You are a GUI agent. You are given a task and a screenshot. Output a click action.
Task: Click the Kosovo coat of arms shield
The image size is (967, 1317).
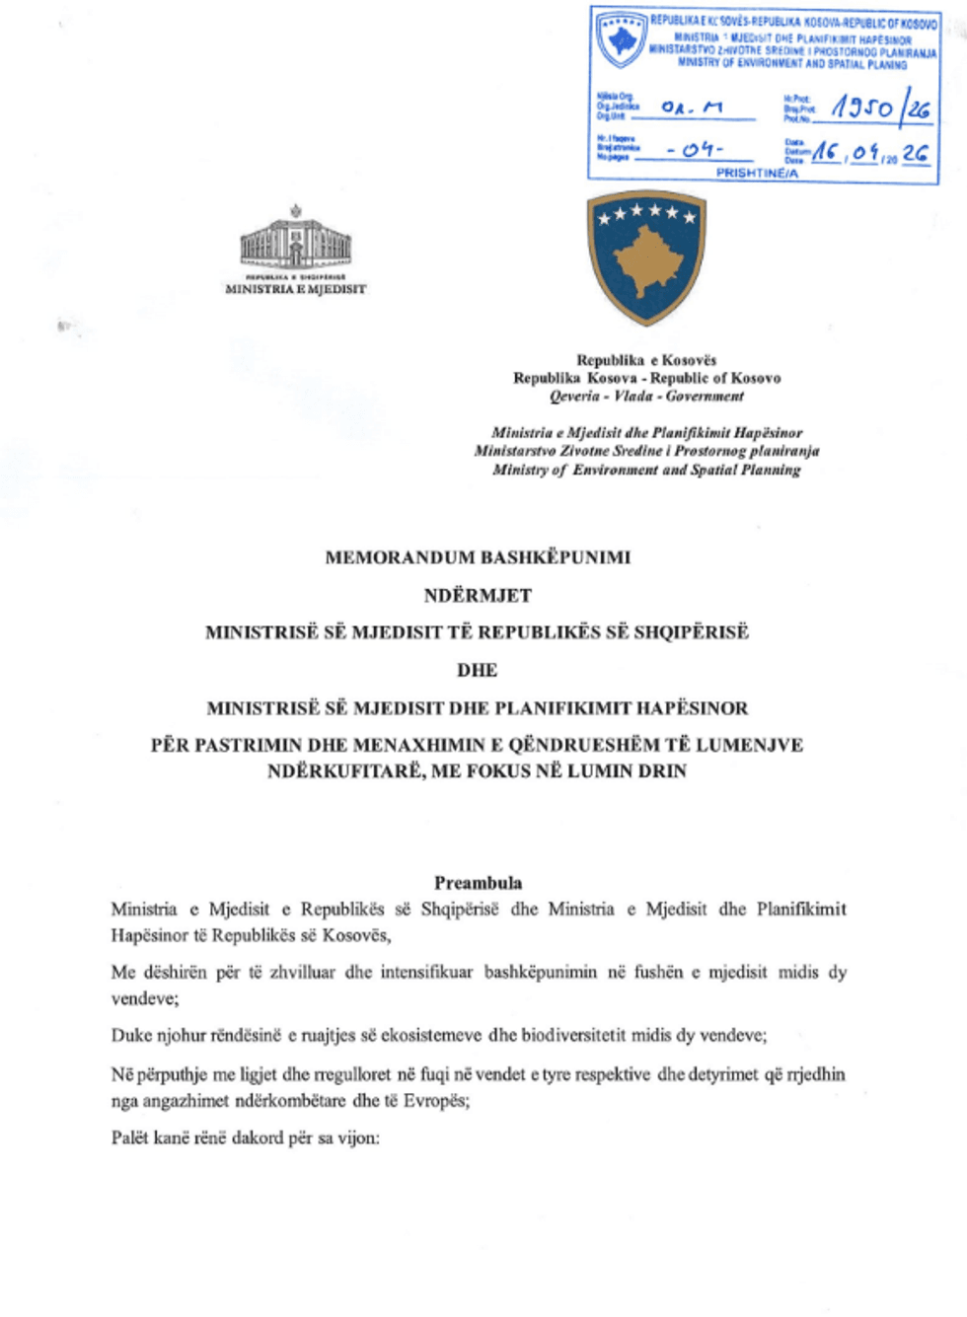pos(646,256)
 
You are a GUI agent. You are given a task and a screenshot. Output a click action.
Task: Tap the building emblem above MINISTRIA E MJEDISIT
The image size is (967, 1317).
pos(295,240)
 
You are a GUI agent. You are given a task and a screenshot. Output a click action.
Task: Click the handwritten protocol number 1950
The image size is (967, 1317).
pos(861,108)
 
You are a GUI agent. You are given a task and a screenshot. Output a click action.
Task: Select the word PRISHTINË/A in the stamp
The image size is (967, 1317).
pos(757,173)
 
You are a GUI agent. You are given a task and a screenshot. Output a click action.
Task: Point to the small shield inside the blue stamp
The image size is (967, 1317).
pos(622,39)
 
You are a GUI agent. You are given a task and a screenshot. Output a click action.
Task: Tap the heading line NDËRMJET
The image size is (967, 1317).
pos(478,595)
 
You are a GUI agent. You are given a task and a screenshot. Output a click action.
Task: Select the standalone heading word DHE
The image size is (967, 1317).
pos(477,670)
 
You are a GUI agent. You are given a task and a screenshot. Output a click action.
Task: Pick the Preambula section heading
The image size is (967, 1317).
pos(478,883)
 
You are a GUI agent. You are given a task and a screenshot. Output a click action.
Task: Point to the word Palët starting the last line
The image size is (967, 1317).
pos(130,1137)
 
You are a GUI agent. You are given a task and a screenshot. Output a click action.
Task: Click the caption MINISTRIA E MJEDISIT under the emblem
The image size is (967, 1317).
pos(295,289)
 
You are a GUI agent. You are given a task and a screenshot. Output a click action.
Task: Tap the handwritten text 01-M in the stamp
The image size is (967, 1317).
pos(692,107)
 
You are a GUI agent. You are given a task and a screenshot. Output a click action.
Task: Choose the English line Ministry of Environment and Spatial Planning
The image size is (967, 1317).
pos(646,470)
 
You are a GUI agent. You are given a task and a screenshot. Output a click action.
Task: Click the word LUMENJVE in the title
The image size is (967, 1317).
pos(756,745)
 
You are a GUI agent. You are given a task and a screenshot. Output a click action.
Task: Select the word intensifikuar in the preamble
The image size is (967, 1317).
pos(426,972)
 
